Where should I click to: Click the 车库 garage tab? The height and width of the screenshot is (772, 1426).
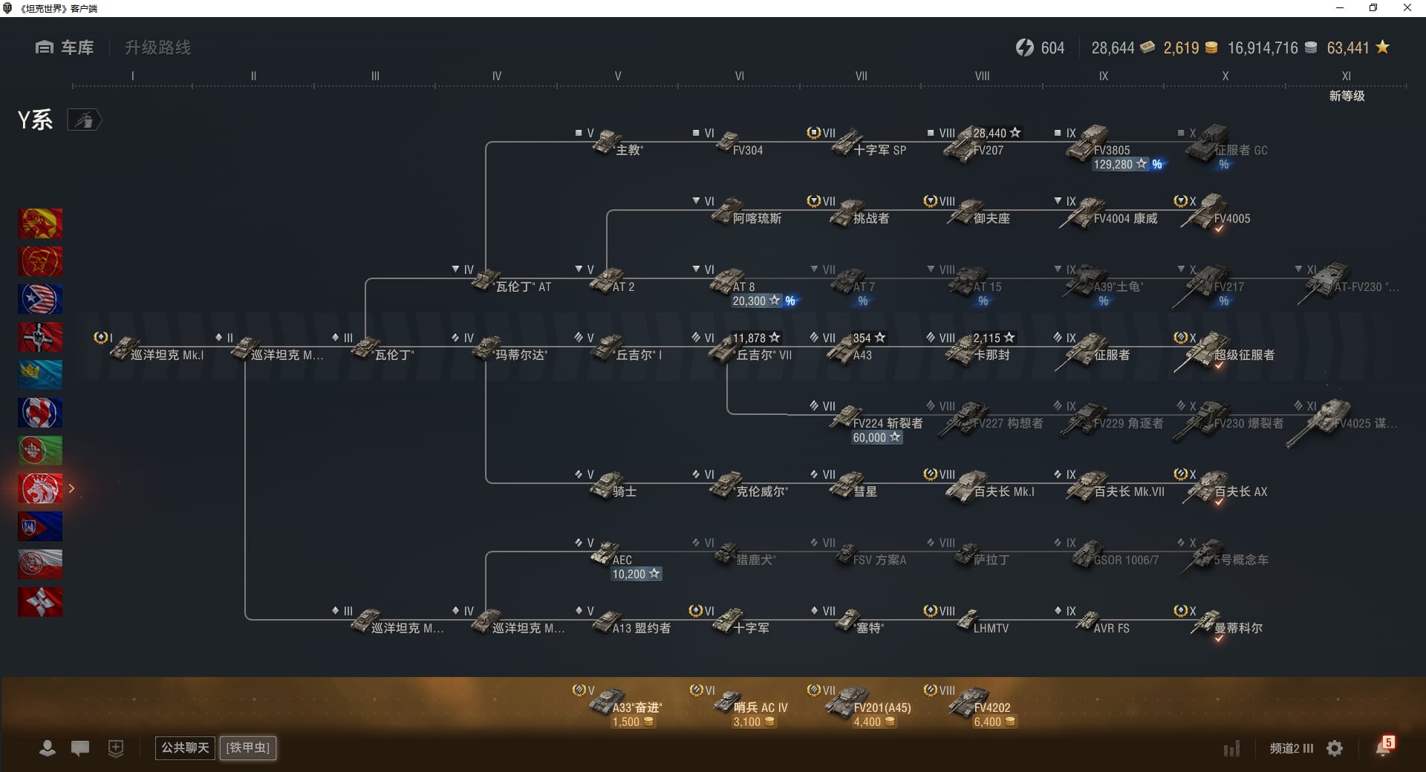[x=65, y=48]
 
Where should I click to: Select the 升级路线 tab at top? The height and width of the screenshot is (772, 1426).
[x=157, y=48]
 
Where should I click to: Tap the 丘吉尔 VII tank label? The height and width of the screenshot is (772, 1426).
[x=764, y=356]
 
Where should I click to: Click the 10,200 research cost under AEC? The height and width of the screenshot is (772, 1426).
[x=635, y=574]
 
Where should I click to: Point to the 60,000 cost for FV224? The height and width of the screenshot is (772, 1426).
[x=876, y=438]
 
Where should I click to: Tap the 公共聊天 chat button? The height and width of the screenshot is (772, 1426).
[x=184, y=748]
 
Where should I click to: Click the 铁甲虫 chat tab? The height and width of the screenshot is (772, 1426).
[x=248, y=748]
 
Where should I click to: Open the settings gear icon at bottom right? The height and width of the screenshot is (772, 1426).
[x=1335, y=748]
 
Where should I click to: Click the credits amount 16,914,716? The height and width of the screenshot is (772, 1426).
[x=1263, y=48]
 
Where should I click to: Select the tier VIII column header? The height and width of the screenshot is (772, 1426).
[x=982, y=76]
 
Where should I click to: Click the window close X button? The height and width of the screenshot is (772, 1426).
[x=1407, y=8]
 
